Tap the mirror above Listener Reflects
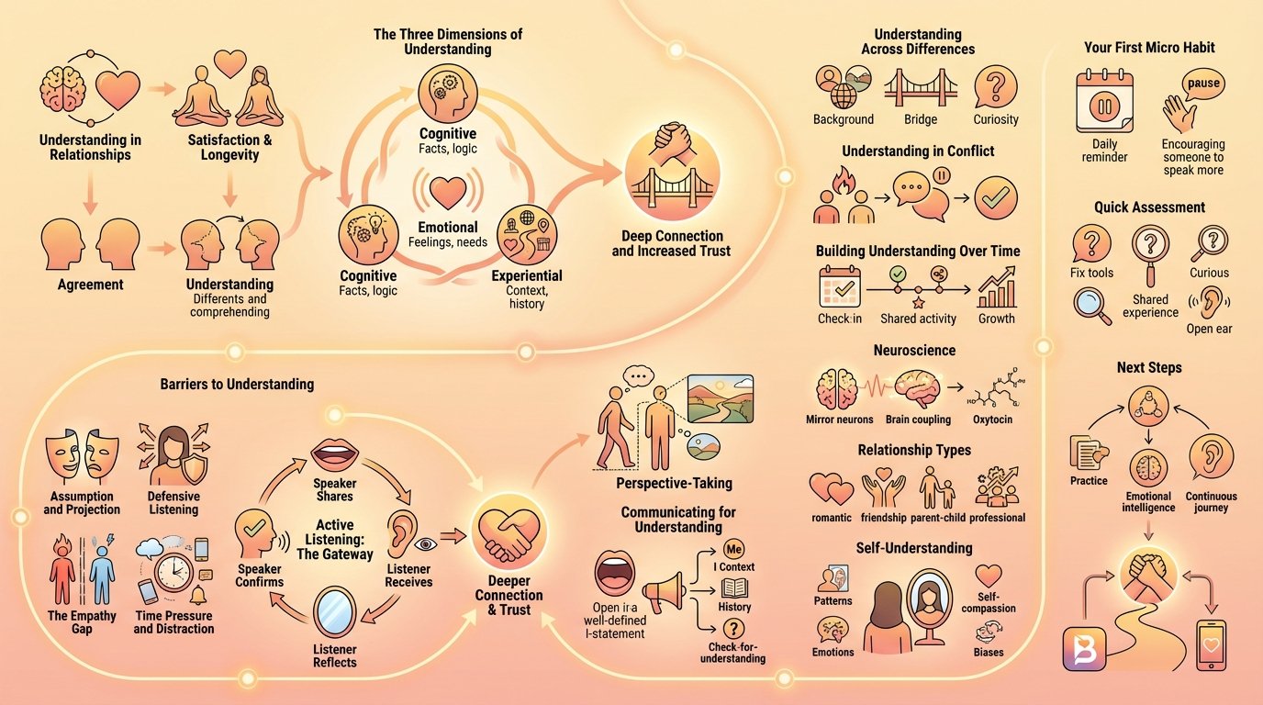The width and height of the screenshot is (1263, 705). coord(334,614)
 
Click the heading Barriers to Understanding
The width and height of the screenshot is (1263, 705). coord(237,384)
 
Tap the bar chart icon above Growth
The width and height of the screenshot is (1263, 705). coord(996,288)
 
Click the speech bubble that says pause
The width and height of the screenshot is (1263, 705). coord(1202,84)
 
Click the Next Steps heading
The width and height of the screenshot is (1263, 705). coord(1149,367)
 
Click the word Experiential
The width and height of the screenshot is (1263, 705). coord(527,275)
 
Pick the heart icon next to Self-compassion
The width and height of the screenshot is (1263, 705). coord(989,576)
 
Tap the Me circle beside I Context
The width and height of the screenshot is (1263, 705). coord(733,549)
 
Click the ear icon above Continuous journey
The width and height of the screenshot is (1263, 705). coord(1211,454)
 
